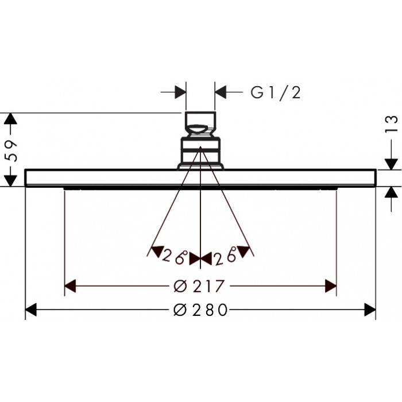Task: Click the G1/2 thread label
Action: pos(275,92)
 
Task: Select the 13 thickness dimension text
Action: pos(392,124)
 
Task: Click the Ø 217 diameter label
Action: pos(199,286)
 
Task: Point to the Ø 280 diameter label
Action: pos(200,310)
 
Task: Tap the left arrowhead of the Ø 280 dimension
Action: pos(31,310)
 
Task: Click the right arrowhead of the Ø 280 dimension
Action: pos(370,310)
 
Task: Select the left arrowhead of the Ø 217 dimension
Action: pos(70,286)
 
